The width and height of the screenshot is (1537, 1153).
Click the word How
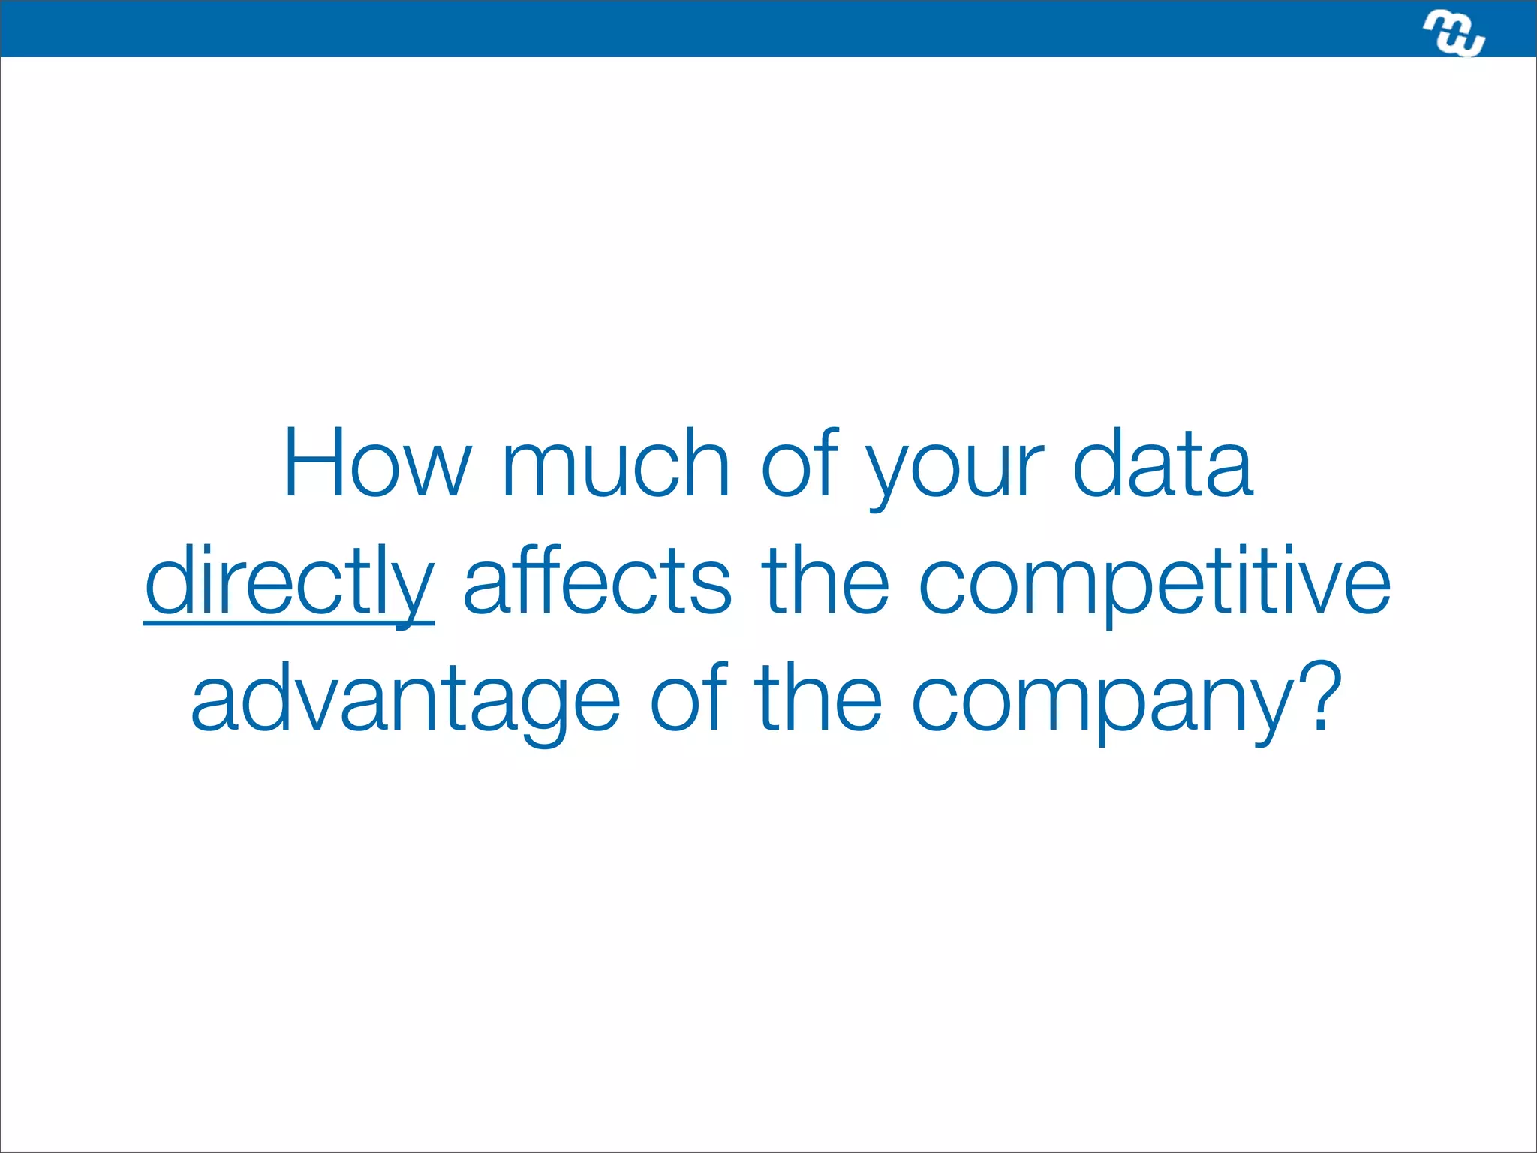pos(377,464)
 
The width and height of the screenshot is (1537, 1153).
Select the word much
pos(615,464)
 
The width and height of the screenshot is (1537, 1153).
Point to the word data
pos(1163,464)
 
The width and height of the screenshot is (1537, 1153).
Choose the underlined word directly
pos(289,582)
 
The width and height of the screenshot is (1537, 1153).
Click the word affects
pos(597,582)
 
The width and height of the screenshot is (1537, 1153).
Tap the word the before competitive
pos(825,582)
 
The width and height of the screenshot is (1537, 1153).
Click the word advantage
pos(405,700)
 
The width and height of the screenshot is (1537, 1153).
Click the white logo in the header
pos(1454,33)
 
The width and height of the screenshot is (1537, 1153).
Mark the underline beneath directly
pos(289,622)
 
